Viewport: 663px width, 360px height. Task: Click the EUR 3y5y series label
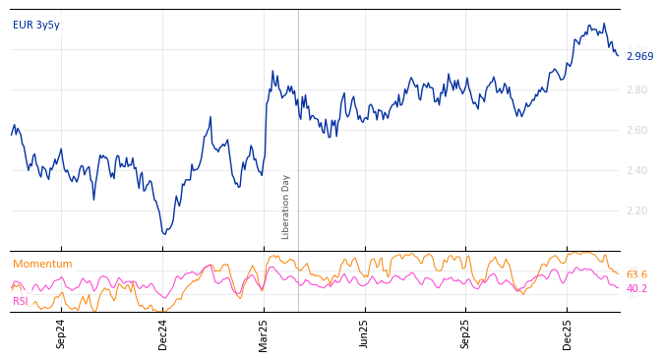(x=36, y=26)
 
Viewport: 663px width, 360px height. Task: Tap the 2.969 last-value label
(x=639, y=57)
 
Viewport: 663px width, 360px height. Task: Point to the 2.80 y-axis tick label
(x=637, y=90)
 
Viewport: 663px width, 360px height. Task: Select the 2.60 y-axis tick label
(x=637, y=131)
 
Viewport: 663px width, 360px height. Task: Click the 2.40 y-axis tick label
(x=637, y=171)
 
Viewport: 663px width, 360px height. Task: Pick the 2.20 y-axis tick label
(x=637, y=211)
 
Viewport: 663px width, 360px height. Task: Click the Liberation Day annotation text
(x=286, y=207)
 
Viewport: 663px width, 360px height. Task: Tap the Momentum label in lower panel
(x=42, y=265)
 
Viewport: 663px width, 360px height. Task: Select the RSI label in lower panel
(x=21, y=302)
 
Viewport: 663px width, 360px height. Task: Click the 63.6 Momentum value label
(x=636, y=275)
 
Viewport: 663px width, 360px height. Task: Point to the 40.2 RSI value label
(x=636, y=289)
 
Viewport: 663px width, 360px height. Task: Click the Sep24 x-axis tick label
(x=61, y=333)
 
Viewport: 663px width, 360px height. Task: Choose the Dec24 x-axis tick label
(x=163, y=333)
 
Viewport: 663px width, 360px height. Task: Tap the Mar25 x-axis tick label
(x=265, y=333)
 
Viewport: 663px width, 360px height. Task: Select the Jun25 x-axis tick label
(x=365, y=333)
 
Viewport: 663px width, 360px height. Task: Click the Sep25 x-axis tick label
(x=466, y=333)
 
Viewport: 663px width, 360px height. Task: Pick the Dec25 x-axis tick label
(x=568, y=333)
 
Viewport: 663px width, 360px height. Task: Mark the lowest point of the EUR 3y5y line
(x=164, y=234)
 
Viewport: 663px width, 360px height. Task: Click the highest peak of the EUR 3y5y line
(x=604, y=24)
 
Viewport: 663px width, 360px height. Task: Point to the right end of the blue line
(x=619, y=55)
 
